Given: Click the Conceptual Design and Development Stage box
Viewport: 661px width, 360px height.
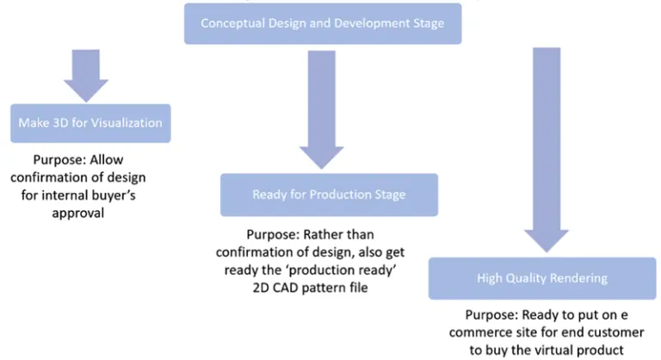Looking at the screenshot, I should pyautogui.click(x=323, y=23).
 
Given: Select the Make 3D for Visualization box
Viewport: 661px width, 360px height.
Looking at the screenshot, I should pyautogui.click(x=90, y=123).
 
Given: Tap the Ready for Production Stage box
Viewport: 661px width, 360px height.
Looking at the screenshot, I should pyautogui.click(x=329, y=195).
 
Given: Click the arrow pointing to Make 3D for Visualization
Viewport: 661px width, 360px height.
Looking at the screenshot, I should pyautogui.click(x=83, y=78).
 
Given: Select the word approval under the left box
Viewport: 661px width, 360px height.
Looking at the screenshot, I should pyautogui.click(x=78, y=213).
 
